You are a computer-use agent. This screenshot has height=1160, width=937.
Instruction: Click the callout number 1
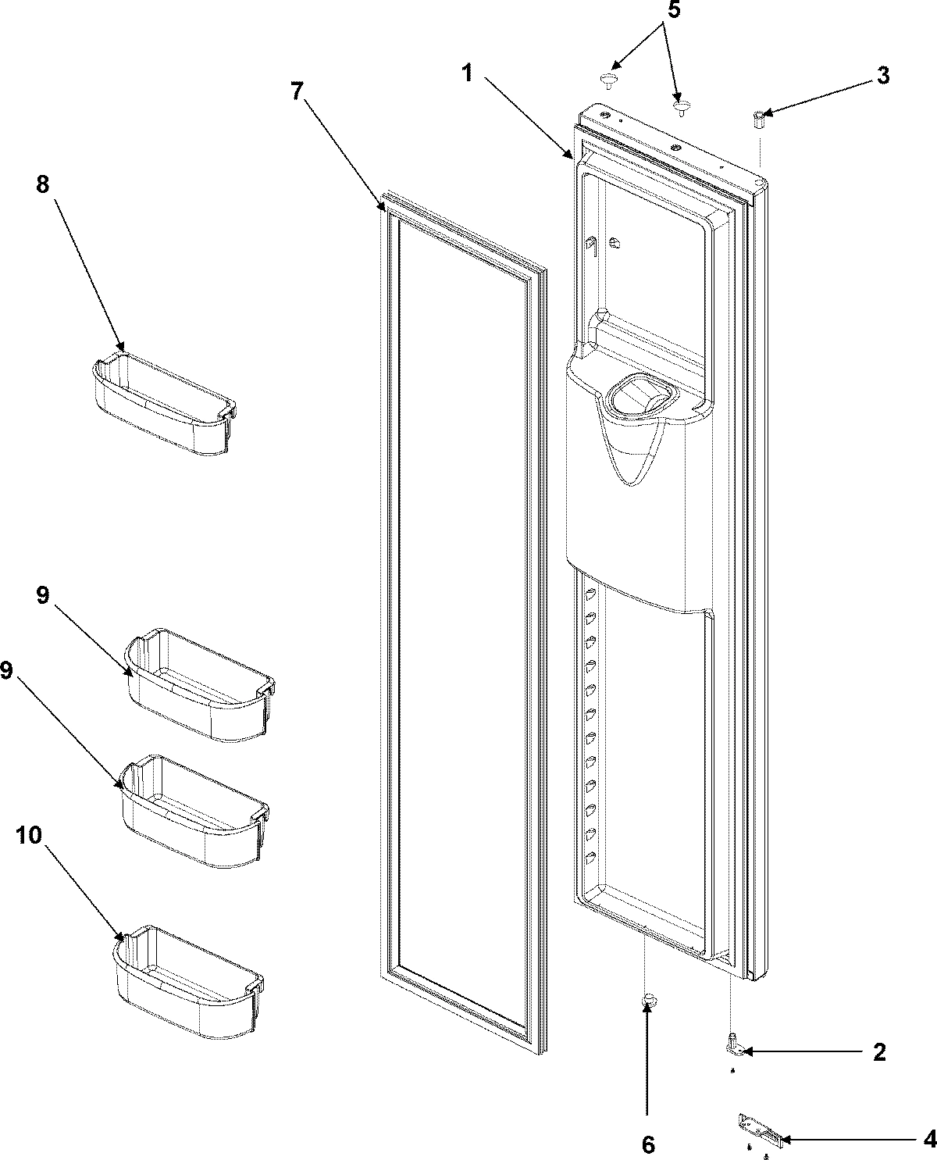pyautogui.click(x=466, y=73)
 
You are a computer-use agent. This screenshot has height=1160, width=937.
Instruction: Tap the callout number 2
pyautogui.click(x=879, y=1051)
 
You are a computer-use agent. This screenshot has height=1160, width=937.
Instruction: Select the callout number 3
pyautogui.click(x=882, y=76)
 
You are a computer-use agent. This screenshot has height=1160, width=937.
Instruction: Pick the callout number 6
pyautogui.click(x=647, y=1145)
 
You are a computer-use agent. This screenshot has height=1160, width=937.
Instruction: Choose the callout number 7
pyautogui.click(x=297, y=91)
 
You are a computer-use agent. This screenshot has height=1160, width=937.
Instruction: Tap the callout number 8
pyautogui.click(x=42, y=184)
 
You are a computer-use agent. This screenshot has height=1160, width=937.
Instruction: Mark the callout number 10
pyautogui.click(x=28, y=834)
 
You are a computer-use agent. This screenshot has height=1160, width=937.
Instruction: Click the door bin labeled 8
pyautogui.click(x=164, y=409)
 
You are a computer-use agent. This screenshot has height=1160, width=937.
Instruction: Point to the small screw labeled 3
pyautogui.click(x=758, y=120)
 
